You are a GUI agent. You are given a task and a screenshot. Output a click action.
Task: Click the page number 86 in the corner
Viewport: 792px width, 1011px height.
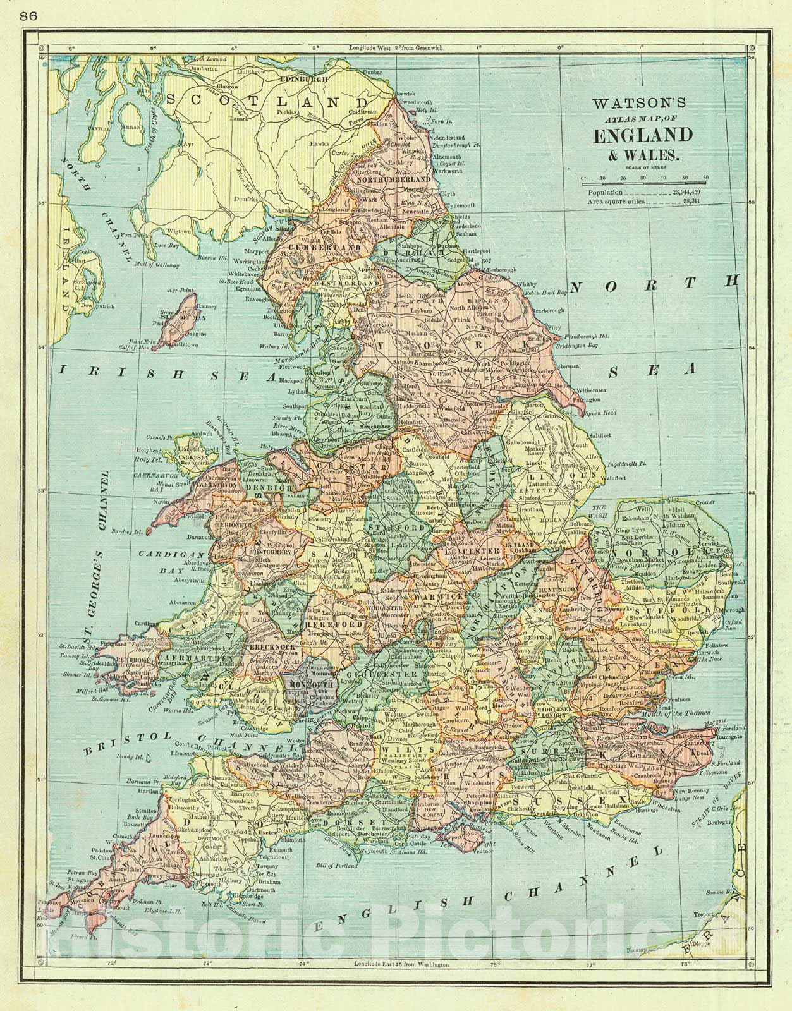pyautogui.click(x=28, y=17)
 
